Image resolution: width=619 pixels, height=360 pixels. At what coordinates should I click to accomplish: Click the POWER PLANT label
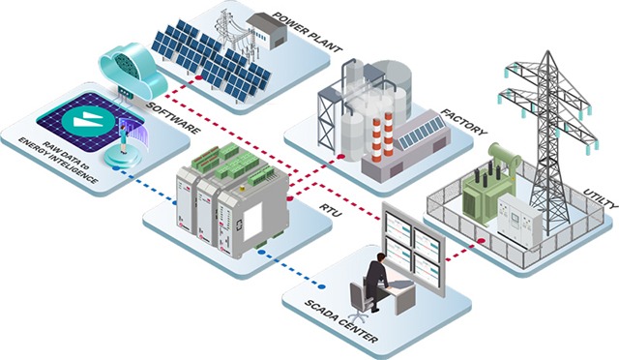pos(307,30)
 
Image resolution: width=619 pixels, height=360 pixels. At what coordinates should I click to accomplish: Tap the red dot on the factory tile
pos(342,156)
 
